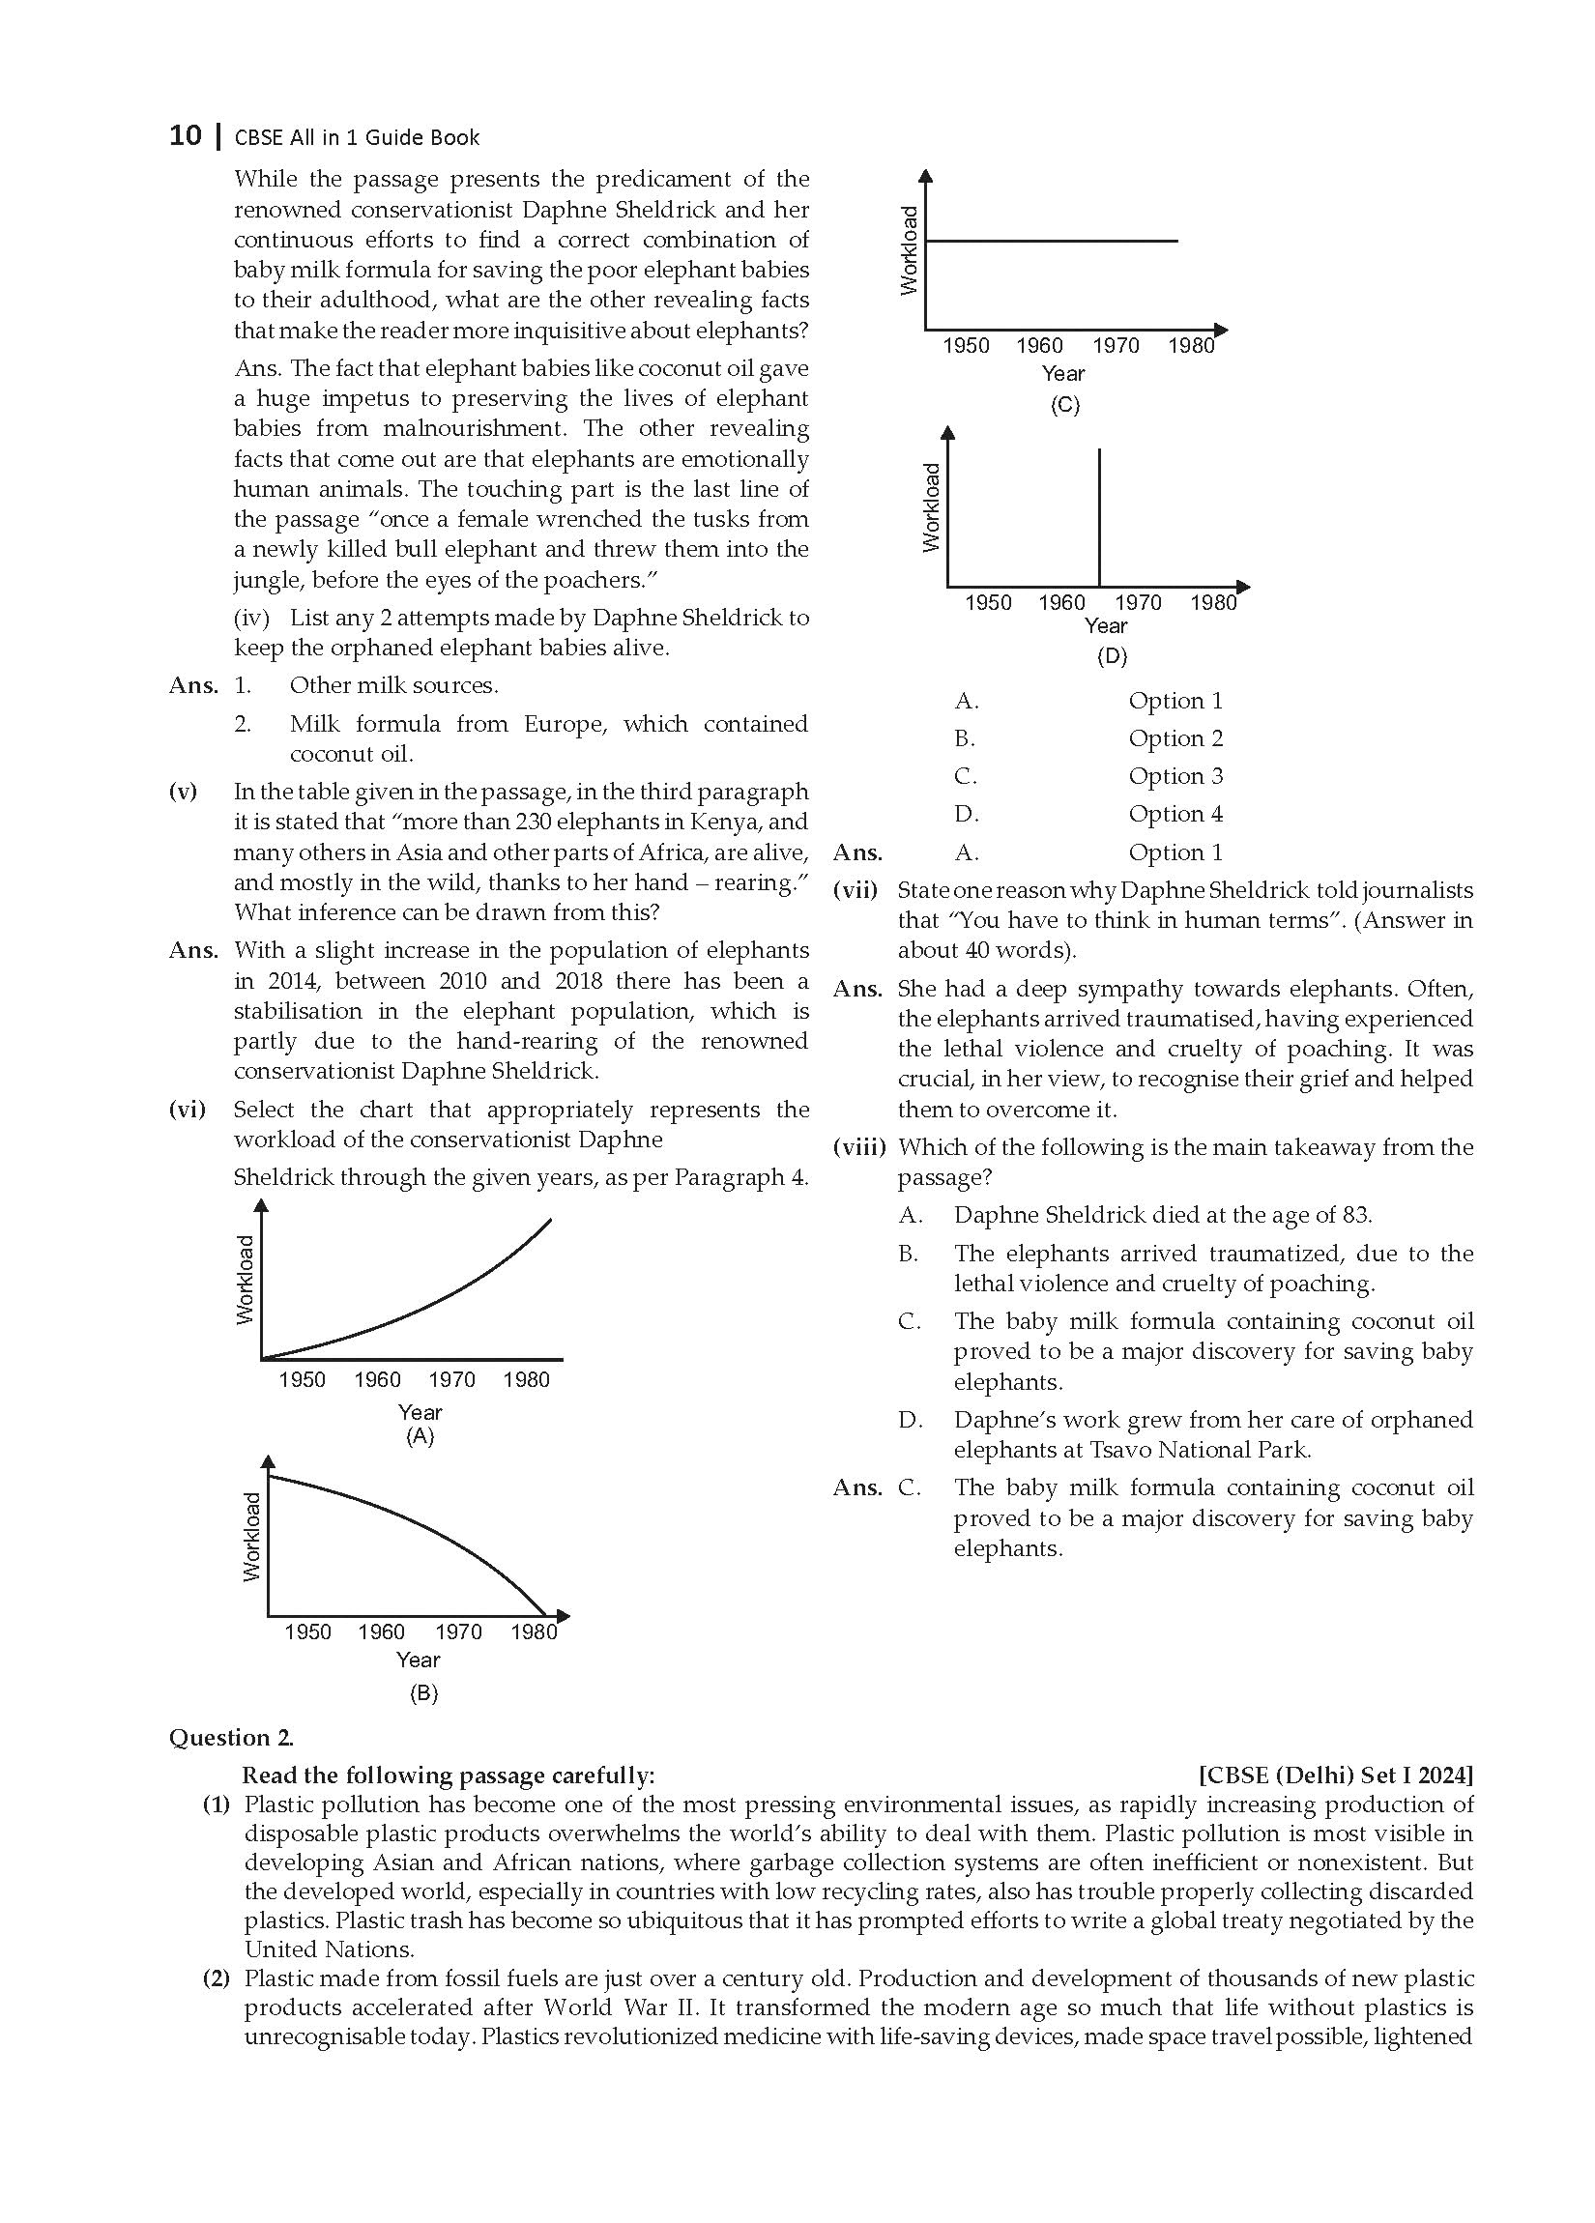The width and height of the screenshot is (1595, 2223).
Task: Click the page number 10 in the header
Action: pos(185,135)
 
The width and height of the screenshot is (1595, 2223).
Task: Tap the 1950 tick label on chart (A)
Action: pos(301,1379)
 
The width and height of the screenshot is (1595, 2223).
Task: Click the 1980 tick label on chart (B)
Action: pos(534,1631)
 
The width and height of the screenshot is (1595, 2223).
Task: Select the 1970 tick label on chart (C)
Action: pos(1116,345)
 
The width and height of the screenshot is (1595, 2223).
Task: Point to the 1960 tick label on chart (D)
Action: pos(1061,602)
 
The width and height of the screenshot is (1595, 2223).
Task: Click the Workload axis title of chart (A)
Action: pos(246,1279)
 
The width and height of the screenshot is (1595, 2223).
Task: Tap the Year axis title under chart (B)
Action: pos(418,1660)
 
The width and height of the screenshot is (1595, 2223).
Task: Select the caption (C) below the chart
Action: pos(1064,405)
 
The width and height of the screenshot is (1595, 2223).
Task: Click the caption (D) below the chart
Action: pos(1112,655)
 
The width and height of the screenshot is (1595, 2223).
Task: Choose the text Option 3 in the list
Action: pos(1175,775)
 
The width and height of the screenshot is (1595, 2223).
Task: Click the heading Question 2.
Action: pos(231,1738)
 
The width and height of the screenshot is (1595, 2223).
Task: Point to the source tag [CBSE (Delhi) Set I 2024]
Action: pos(1335,1776)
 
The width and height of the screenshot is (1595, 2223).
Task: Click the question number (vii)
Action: pos(855,890)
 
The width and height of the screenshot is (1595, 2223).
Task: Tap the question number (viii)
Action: pos(858,1147)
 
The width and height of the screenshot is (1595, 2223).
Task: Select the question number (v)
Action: pos(184,791)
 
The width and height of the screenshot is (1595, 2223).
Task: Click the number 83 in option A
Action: pos(1355,1214)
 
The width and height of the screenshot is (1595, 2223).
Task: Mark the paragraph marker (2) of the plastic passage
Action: pos(216,1978)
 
